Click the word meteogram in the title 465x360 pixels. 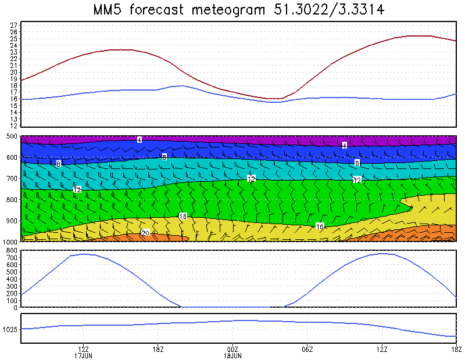click(x=228, y=10)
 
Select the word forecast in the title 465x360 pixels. click(x=156, y=10)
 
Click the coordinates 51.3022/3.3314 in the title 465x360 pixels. click(x=328, y=10)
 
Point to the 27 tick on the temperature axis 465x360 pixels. click(x=13, y=25)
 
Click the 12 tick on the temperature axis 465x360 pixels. click(x=13, y=125)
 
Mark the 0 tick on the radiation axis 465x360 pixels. click(x=16, y=308)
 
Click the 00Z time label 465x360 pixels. click(x=233, y=350)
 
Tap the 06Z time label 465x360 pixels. click(x=307, y=350)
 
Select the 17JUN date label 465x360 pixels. click(x=83, y=355)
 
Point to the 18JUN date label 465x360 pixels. click(x=233, y=355)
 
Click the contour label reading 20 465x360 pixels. click(x=145, y=233)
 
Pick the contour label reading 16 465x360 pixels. click(x=320, y=226)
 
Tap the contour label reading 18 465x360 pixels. click(x=183, y=217)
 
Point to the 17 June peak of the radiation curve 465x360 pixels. click(x=84, y=254)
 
